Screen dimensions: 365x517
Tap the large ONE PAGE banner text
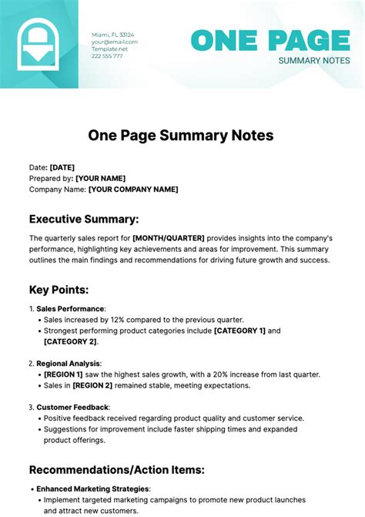click(x=270, y=41)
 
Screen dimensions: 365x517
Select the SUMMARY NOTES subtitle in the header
click(x=314, y=60)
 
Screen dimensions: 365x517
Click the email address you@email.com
click(x=115, y=42)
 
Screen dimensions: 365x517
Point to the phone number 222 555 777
click(x=107, y=55)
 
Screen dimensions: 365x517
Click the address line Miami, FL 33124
click(x=112, y=35)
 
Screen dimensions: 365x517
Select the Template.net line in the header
click(x=109, y=49)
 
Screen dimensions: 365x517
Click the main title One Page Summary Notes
click(x=181, y=136)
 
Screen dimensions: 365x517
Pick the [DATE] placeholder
click(x=62, y=167)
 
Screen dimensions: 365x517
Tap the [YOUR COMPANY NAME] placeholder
click(x=133, y=190)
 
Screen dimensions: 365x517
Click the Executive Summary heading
click(x=84, y=219)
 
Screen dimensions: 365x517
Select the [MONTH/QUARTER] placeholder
click(x=169, y=239)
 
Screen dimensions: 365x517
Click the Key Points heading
click(x=59, y=290)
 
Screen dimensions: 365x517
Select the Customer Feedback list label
click(x=72, y=407)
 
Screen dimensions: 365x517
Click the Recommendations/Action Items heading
click(x=116, y=469)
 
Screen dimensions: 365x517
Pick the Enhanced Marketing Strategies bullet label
click(x=93, y=488)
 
